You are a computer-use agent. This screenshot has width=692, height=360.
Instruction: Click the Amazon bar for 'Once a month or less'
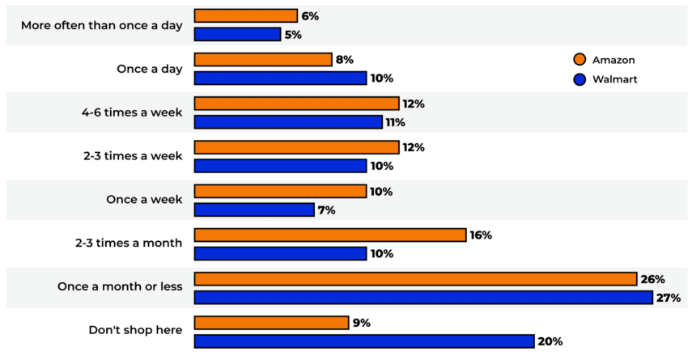point(415,279)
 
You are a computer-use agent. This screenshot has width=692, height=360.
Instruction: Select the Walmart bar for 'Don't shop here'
point(364,341)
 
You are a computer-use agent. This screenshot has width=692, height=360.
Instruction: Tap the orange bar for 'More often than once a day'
point(246,16)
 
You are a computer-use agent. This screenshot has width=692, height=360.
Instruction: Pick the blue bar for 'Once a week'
point(254,210)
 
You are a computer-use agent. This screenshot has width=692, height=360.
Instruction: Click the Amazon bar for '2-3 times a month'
point(331,235)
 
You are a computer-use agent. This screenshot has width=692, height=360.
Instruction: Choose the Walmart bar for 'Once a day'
point(281,78)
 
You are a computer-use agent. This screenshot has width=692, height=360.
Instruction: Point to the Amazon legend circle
point(579,60)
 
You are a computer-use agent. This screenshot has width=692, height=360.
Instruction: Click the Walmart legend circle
point(579,79)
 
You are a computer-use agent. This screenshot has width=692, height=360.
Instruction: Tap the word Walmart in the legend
point(614,79)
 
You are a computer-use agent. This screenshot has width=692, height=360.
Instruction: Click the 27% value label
point(669,298)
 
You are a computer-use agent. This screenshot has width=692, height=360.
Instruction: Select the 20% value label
point(550,341)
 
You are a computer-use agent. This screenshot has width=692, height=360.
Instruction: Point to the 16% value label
point(481,235)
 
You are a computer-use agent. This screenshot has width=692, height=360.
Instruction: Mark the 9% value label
point(362,323)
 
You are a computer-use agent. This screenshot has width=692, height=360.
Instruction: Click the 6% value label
point(309,16)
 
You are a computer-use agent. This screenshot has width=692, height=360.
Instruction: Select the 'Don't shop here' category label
point(135,331)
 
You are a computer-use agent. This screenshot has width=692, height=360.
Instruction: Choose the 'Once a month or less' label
point(120,287)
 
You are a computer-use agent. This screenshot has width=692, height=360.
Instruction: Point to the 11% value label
point(394,122)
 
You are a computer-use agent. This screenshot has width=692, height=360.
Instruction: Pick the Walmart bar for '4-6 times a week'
point(288,122)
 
